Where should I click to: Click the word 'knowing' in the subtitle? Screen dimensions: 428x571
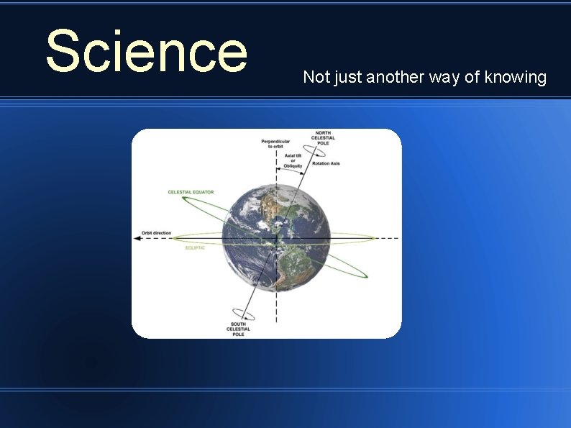pos(516,77)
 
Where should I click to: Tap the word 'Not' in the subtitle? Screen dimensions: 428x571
pos(314,77)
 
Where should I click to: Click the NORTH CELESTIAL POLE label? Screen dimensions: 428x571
pos(324,139)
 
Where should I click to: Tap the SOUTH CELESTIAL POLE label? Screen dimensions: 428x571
pos(239,329)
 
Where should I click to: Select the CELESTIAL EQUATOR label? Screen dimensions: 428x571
pos(191,192)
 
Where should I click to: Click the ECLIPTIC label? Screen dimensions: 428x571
pos(196,248)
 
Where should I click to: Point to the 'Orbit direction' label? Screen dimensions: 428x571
pos(156,232)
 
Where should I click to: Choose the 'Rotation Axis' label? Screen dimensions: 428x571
pos(326,163)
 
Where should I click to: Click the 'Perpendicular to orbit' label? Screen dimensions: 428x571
pos(275,143)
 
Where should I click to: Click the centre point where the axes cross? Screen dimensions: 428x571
pos(276,238)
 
